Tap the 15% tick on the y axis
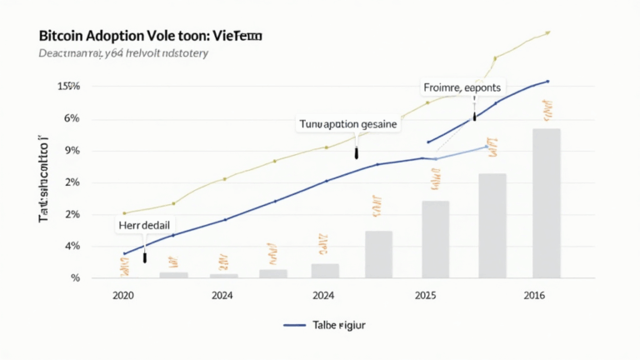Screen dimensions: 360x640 (x=68, y=87)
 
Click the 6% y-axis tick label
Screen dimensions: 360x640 (x=72, y=118)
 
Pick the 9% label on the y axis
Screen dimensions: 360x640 (x=72, y=151)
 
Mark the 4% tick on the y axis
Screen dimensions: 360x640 (x=72, y=246)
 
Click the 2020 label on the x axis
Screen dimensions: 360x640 (x=122, y=295)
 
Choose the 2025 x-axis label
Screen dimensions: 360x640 (x=425, y=295)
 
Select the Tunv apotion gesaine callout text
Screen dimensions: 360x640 (x=348, y=123)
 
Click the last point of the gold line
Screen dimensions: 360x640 (x=547, y=32)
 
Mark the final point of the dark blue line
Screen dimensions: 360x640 (x=547, y=81)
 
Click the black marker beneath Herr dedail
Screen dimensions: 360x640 (x=145, y=258)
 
